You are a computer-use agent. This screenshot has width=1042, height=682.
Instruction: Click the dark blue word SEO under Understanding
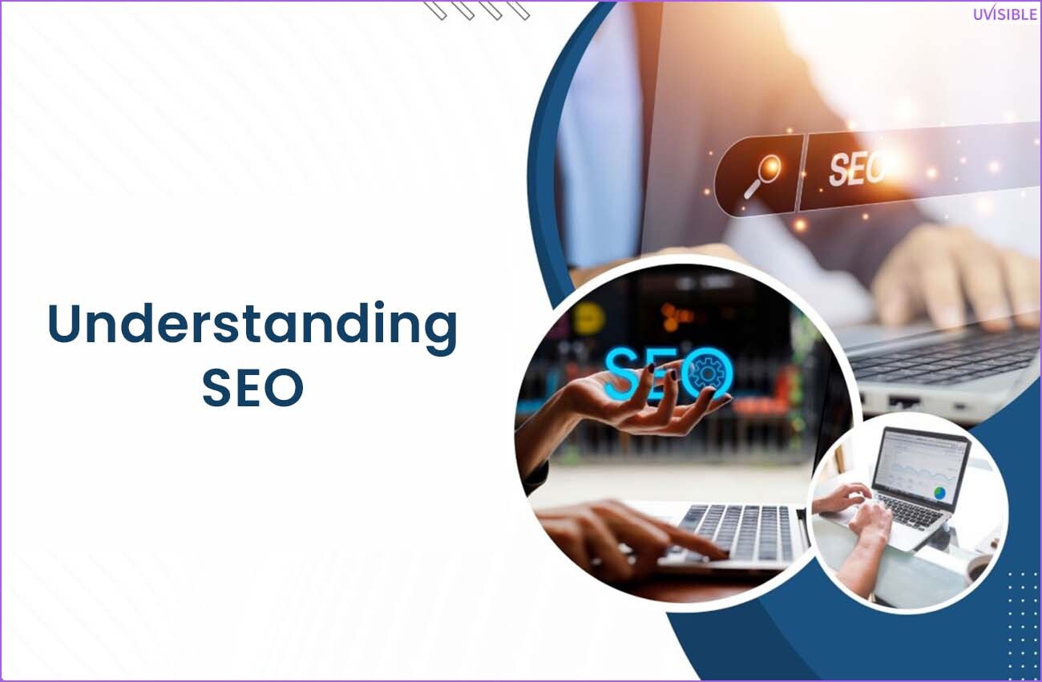click(252, 387)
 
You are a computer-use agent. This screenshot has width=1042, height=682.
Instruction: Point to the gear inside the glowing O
click(708, 373)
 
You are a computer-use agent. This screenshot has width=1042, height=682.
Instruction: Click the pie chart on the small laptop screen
click(940, 492)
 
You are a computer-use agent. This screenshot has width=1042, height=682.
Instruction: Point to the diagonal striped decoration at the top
click(476, 10)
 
